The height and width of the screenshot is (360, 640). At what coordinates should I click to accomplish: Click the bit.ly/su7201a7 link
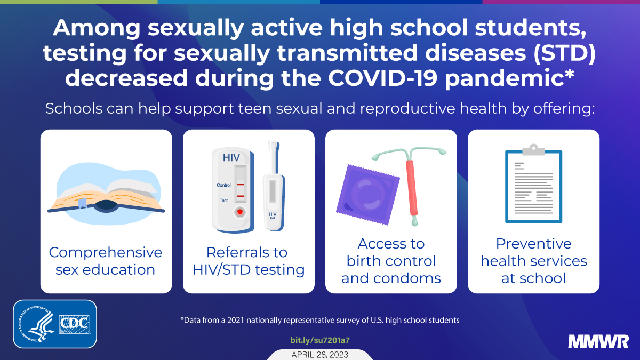click(319, 340)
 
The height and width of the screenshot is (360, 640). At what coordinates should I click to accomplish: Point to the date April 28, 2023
click(319, 354)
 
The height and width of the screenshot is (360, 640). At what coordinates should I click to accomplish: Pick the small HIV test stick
click(273, 187)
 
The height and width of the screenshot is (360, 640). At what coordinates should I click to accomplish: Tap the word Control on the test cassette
click(224, 185)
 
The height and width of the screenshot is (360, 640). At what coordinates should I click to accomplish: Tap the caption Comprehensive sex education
click(106, 260)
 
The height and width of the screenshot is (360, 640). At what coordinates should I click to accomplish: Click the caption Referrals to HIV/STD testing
click(248, 260)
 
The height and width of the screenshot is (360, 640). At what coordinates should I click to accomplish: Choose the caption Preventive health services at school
click(533, 260)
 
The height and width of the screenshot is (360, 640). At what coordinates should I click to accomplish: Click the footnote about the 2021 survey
click(320, 320)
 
